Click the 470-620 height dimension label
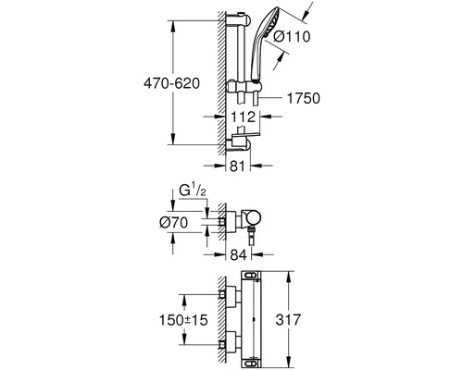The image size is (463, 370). (171, 83)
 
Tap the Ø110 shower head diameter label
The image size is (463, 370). (292, 37)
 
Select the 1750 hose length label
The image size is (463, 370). (304, 98)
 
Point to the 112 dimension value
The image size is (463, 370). (244, 117)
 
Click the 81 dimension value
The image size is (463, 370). (237, 166)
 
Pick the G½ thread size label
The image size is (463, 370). (193, 191)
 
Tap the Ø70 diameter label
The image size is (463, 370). (174, 222)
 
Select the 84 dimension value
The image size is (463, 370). (239, 255)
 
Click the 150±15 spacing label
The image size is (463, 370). (183, 320)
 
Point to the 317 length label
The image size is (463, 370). (288, 319)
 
